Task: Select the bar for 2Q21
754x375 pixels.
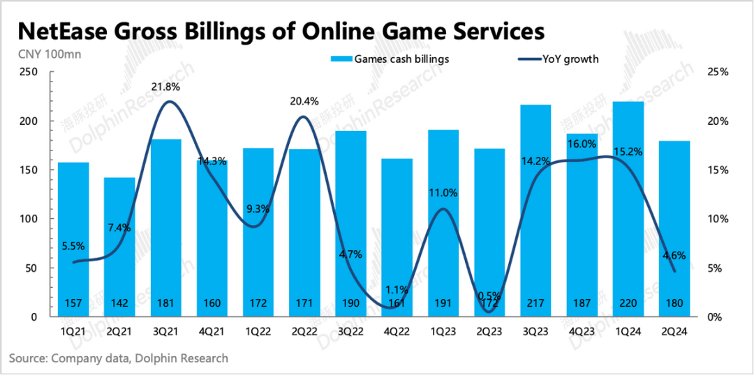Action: click(x=119, y=244)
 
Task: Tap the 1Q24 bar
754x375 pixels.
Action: click(x=628, y=209)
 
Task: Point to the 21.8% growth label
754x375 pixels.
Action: click(x=167, y=87)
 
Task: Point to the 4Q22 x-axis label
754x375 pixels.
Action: click(x=397, y=332)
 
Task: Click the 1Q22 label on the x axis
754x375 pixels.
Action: click(x=258, y=332)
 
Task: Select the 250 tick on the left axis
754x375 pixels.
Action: click(x=29, y=72)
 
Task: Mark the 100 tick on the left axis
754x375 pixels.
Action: click(x=29, y=219)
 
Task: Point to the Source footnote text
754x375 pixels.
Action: click(x=119, y=358)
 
